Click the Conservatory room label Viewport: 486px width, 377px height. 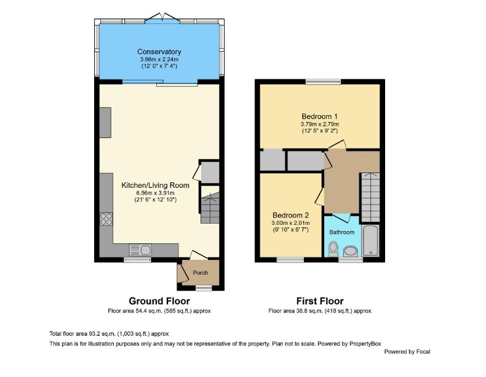click(159, 52)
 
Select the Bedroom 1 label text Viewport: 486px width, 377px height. click(319, 116)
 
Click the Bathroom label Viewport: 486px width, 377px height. click(341, 232)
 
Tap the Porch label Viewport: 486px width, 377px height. click(201, 273)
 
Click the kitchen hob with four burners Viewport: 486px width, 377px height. click(106, 219)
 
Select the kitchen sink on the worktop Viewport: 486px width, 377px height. click(141, 249)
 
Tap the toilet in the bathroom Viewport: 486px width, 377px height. click(333, 248)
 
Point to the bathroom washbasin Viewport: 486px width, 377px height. click(351, 251)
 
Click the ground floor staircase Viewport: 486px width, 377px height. click(210, 208)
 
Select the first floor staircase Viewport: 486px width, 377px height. click(370, 197)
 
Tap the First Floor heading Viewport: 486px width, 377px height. click(319, 301)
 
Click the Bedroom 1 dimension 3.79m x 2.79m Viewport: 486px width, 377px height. click(319, 124)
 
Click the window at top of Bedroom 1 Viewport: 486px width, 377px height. click(324, 81)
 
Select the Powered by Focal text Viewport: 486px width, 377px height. click(407, 352)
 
